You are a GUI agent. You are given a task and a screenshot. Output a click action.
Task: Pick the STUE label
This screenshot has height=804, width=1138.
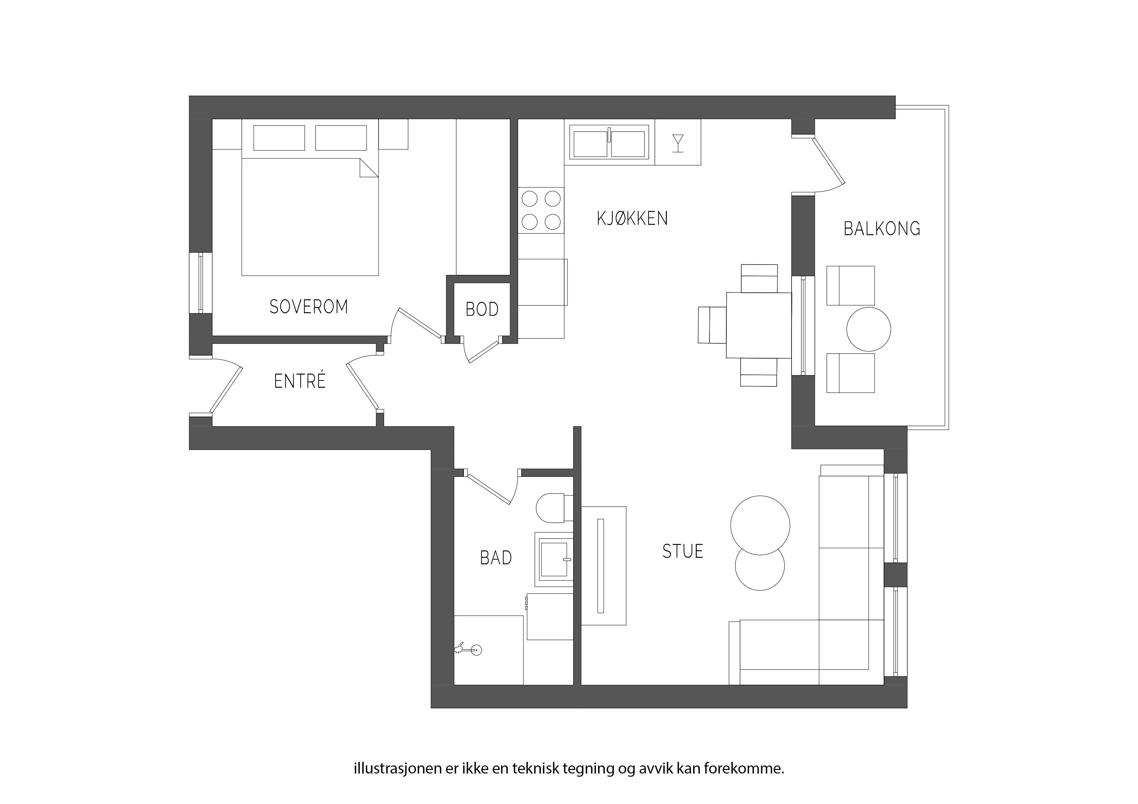point(683,551)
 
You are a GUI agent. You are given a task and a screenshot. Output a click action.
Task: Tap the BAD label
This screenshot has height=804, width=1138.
point(496,558)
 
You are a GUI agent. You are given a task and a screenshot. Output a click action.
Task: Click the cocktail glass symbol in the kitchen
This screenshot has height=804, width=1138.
point(678,143)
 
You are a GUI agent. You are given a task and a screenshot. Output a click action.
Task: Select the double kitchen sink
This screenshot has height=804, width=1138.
point(609,142)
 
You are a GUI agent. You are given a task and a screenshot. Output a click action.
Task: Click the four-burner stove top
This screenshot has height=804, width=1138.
point(541,210)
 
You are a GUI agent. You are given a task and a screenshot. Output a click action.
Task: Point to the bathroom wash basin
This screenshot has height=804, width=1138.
point(554,560)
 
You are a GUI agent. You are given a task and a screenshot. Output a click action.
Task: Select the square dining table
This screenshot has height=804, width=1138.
point(759,325)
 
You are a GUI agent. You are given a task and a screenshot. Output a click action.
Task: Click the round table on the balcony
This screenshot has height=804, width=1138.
point(868,329)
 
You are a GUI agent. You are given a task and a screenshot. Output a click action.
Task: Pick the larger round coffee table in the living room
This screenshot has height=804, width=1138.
point(760,525)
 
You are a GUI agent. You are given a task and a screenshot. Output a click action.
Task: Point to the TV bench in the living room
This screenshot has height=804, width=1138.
point(603,566)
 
